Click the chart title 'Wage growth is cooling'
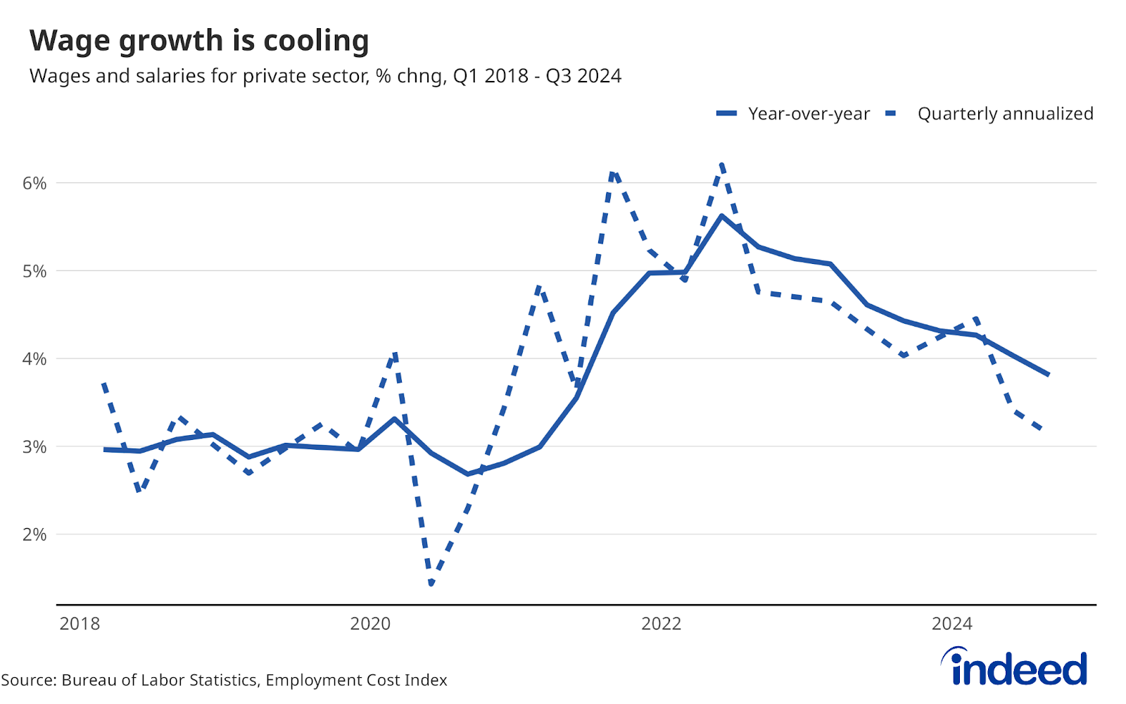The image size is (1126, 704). click(199, 41)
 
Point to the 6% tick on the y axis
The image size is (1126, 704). click(34, 184)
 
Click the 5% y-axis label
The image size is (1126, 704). click(34, 272)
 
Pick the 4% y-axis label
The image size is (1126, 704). click(34, 359)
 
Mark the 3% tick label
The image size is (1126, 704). click(34, 447)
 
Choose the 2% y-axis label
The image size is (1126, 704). click(34, 535)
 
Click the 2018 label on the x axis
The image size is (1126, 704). click(80, 624)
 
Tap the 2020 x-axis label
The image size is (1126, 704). click(370, 624)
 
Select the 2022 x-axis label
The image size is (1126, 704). click(661, 624)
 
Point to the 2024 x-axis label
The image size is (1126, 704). click(951, 624)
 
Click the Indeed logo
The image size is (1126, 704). click(1014, 667)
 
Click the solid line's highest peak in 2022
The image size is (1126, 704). click(721, 216)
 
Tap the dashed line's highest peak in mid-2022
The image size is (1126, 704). click(722, 165)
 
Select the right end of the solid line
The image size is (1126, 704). click(1049, 375)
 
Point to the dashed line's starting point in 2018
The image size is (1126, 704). click(104, 384)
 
